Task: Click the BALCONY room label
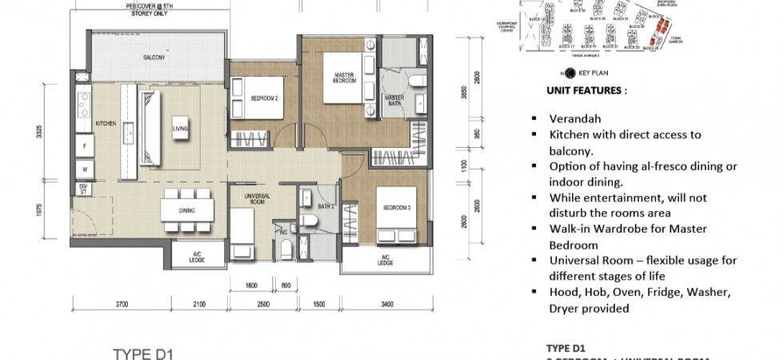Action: pos(154,58)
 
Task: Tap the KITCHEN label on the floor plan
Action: pos(106,125)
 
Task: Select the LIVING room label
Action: pos(181,127)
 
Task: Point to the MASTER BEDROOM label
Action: pos(343,78)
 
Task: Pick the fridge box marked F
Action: pos(82,146)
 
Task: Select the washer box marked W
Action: pos(82,170)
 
